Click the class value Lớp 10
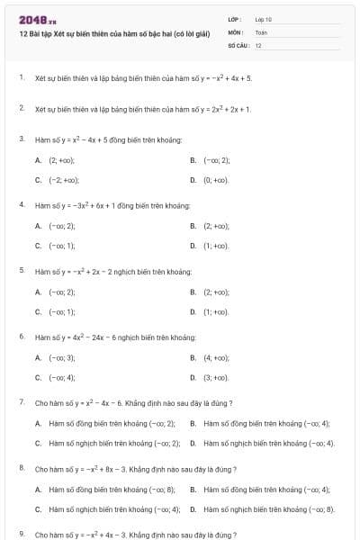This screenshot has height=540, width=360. point(263,19)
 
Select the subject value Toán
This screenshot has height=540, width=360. point(261,31)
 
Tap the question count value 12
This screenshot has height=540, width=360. point(258,44)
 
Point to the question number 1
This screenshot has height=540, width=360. point(22,77)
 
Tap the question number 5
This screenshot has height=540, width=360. point(22,270)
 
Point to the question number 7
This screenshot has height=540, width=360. point(22,401)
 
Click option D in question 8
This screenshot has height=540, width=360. point(261,508)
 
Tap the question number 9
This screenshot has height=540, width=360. point(22,534)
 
